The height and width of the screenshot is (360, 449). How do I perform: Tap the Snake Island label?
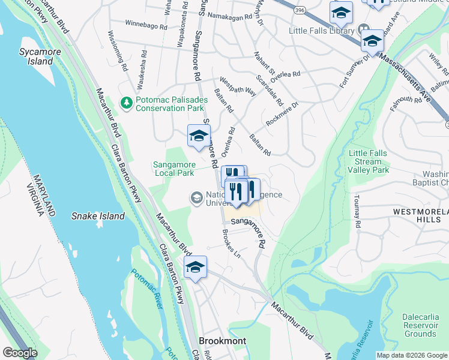98,216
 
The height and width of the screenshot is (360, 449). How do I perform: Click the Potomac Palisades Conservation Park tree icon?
127,103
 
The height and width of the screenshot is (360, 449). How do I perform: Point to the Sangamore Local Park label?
173,167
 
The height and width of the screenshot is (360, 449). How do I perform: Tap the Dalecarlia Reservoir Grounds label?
420,325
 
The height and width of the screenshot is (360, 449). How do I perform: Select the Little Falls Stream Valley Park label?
369,162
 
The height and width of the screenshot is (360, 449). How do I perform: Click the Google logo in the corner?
19,353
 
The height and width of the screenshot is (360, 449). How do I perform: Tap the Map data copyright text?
411,355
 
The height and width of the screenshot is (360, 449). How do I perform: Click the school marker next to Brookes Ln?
195,268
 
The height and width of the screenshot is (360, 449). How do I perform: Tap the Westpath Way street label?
238,88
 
